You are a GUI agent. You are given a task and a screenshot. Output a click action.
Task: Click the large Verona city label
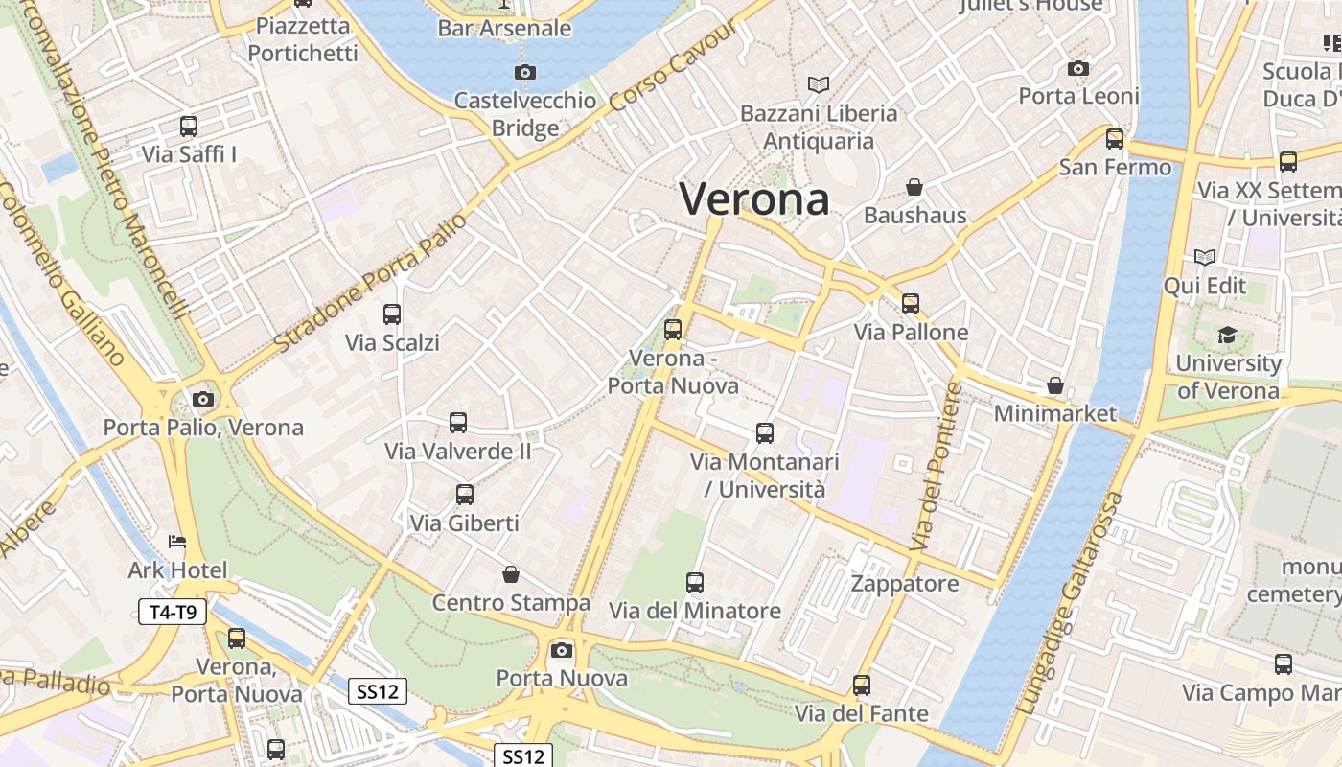tap(754, 199)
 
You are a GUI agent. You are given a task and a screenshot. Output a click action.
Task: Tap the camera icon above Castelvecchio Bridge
tap(524, 72)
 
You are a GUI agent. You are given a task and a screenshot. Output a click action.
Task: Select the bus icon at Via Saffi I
tap(189, 126)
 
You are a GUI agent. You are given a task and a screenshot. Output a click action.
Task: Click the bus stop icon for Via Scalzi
tap(392, 314)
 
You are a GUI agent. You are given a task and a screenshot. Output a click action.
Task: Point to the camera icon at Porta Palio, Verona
tap(202, 399)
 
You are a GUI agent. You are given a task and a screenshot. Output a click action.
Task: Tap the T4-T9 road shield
tap(173, 612)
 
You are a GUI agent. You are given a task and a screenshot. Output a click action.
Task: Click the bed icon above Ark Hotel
tap(177, 542)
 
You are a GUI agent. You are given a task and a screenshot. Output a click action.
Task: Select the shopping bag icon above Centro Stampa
tap(511, 574)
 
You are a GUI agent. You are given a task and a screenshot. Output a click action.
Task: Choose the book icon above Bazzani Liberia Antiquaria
tap(818, 85)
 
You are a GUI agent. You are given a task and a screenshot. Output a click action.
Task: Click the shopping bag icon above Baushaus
tap(914, 187)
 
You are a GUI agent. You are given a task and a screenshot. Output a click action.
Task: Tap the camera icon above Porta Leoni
tap(1078, 68)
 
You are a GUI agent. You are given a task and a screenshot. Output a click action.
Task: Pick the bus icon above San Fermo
tap(1115, 139)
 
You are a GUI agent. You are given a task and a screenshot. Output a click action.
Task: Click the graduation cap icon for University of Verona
tap(1227, 335)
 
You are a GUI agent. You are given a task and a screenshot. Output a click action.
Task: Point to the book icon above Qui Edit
tap(1205, 257)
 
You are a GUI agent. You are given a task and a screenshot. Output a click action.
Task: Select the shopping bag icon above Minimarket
tap(1055, 385)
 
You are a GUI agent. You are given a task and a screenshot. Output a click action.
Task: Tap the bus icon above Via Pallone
tap(911, 304)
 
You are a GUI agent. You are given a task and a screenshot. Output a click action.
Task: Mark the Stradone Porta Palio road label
tap(370, 282)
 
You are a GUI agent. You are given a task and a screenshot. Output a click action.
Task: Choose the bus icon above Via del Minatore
tap(695, 582)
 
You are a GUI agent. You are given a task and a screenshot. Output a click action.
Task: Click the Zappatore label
tap(905, 584)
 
